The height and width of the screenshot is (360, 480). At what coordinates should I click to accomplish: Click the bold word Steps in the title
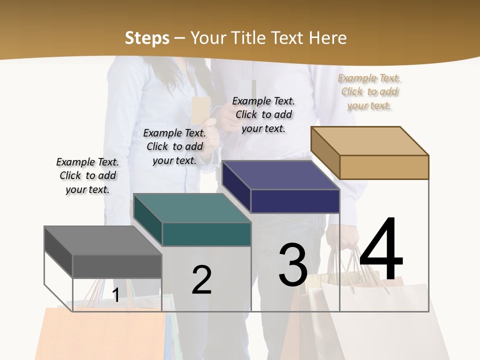pos(147,38)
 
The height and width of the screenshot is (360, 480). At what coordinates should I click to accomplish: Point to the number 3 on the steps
pos(293,265)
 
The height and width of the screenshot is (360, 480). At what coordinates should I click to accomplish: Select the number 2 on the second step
pos(201,280)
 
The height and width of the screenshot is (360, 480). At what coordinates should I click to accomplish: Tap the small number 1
pos(115,295)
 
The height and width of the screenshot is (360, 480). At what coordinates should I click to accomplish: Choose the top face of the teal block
pos(192,208)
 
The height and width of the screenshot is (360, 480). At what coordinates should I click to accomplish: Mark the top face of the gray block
pos(103,240)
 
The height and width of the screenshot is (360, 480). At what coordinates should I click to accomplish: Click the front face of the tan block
pos(384,167)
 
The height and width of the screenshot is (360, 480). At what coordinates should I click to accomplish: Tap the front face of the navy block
pos(295,201)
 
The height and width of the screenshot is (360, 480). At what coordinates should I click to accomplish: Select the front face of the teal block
pos(206,234)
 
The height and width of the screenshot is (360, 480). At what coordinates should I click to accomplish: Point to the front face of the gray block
pos(117,266)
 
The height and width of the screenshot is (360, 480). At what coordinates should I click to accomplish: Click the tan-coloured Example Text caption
pos(369,91)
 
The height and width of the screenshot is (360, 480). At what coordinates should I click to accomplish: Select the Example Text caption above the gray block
pos(87,175)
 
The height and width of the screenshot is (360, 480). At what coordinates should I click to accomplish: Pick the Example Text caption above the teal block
pos(174,146)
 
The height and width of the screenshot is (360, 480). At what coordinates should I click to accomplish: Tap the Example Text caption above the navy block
pos(263,114)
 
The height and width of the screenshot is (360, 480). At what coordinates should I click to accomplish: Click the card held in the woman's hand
pos(200,109)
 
